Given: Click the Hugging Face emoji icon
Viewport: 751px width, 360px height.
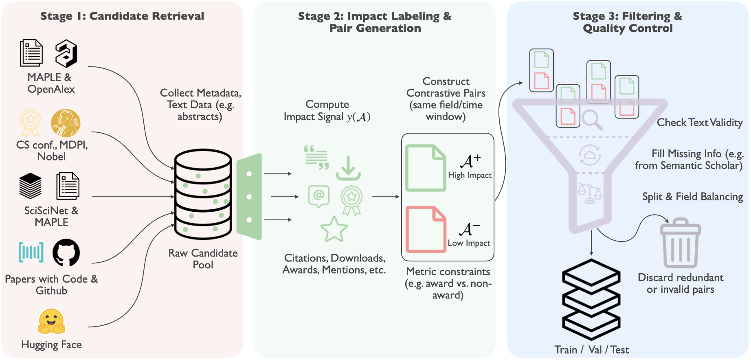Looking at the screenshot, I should point(51,321).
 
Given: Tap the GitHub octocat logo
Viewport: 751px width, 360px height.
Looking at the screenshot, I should point(66,252).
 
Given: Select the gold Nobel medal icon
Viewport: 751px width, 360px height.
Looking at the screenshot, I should point(66,123).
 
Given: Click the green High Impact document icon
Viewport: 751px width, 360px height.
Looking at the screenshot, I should point(425,168).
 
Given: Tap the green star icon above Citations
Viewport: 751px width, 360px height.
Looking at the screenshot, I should point(334,229).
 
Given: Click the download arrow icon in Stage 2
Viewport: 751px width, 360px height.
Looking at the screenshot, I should point(348,168).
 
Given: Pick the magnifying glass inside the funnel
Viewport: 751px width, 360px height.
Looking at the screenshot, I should point(591,119).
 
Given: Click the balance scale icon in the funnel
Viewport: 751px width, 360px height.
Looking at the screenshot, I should point(590,193).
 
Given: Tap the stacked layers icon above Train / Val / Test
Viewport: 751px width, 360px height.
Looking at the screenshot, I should point(591,299).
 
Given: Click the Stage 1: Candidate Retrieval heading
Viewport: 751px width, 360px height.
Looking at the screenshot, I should point(122,16).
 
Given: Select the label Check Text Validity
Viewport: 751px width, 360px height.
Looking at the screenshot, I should point(699,123).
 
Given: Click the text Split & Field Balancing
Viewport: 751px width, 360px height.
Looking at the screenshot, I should point(692,197).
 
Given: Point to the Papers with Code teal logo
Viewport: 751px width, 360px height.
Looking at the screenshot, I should point(31,252).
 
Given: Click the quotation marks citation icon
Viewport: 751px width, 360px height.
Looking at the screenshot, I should point(316,157).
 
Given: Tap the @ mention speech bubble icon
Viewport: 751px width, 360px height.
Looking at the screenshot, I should point(318,196).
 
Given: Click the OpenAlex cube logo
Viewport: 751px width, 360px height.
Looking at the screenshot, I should point(66,54).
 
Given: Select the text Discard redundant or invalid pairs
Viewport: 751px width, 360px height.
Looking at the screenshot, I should point(680,283).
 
